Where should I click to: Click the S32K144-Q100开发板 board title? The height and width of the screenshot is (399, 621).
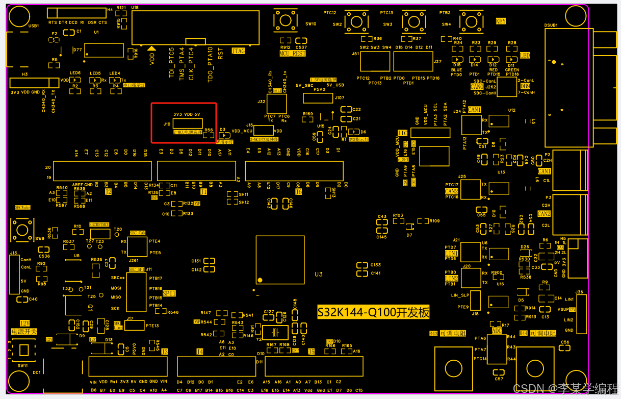tap(373, 312)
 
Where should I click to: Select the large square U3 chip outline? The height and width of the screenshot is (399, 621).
tap(280, 260)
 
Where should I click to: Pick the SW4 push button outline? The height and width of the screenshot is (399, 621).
tap(471, 21)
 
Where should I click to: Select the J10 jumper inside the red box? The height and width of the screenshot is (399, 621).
tap(188, 123)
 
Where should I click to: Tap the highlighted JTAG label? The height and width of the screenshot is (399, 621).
tap(238, 51)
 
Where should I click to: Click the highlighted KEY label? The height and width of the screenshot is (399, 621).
tap(501, 21)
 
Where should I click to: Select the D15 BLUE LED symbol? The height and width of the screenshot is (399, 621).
tap(456, 59)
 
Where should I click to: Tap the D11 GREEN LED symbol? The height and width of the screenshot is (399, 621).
tap(511, 59)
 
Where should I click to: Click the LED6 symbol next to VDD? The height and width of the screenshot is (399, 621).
tap(75, 80)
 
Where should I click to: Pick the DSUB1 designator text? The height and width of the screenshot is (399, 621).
tap(551, 24)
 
